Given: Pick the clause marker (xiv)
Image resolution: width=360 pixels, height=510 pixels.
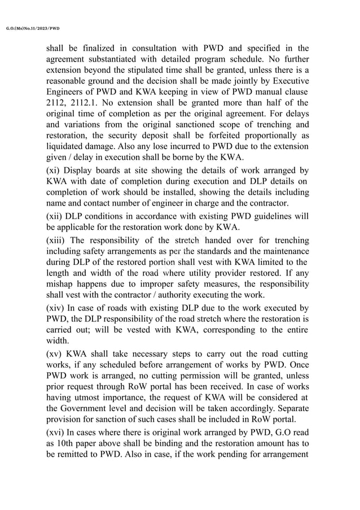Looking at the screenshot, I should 56,308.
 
